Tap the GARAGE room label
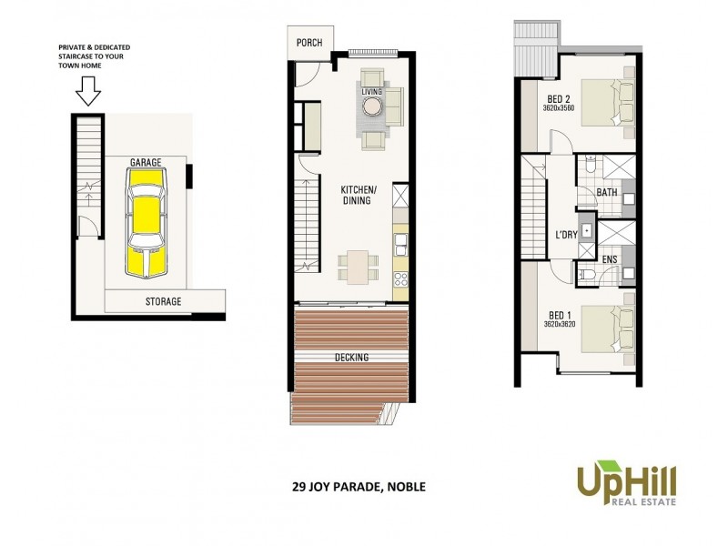pyautogui.click(x=146, y=162)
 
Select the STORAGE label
pyautogui.click(x=164, y=301)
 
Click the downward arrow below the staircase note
pyautogui.click(x=88, y=91)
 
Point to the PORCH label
pyautogui.click(x=309, y=42)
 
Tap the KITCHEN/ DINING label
pyautogui.click(x=356, y=195)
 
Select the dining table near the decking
pyautogui.click(x=356, y=266)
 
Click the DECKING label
pyautogui.click(x=351, y=358)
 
